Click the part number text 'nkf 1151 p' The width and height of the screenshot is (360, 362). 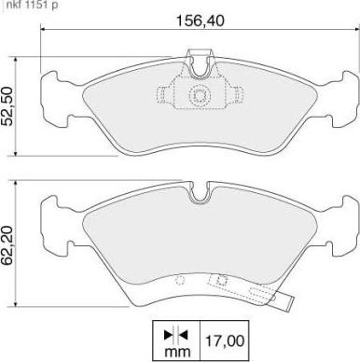pos(31,6)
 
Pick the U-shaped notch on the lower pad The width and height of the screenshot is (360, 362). pos(199,194)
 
